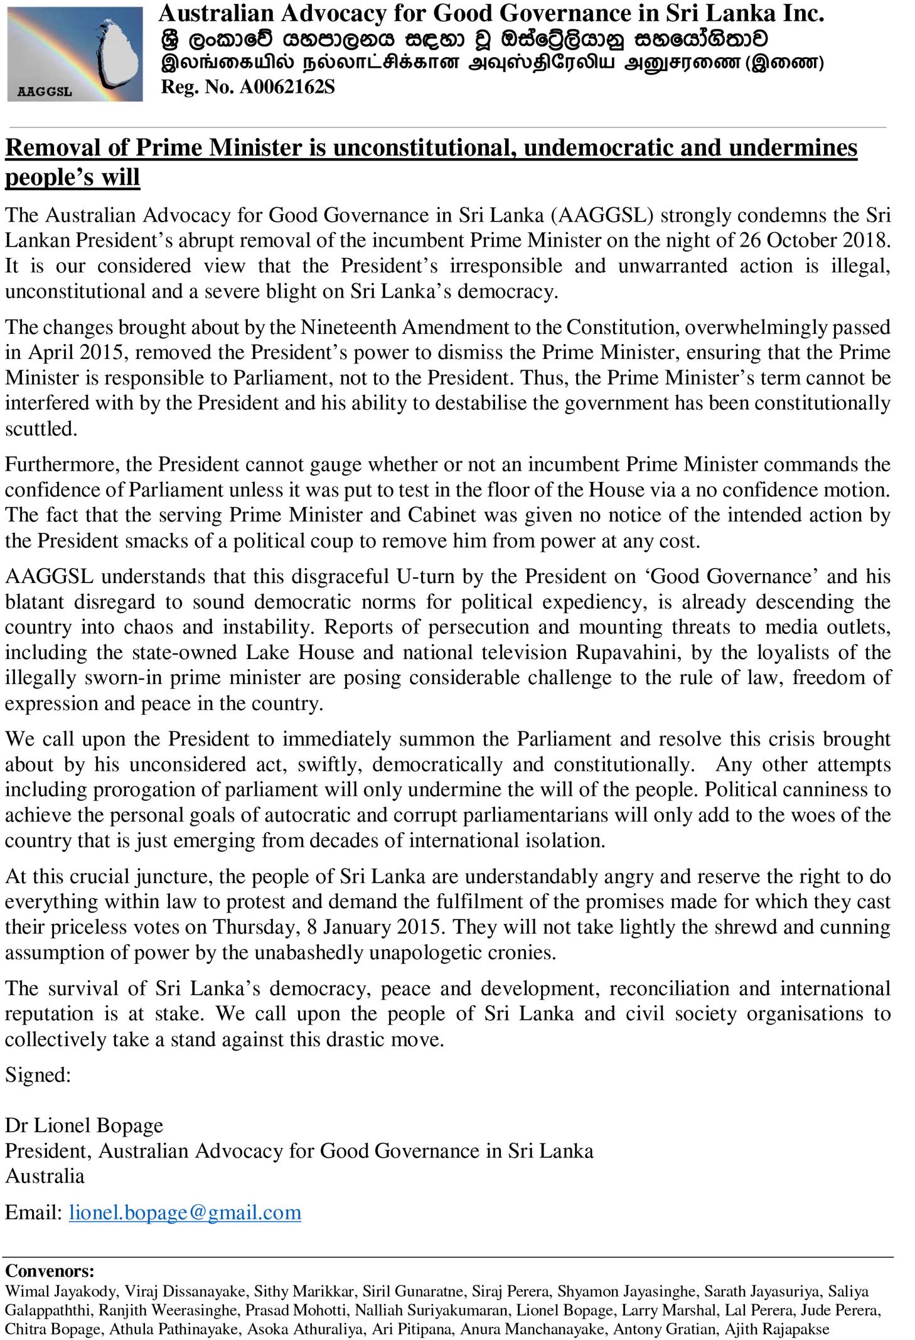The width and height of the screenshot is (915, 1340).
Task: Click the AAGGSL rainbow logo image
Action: click(x=75, y=54)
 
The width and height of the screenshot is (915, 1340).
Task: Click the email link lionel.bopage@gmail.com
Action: click(x=185, y=1212)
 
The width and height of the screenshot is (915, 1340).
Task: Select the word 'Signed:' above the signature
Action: click(x=38, y=1075)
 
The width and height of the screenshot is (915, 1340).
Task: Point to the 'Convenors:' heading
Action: click(x=50, y=1271)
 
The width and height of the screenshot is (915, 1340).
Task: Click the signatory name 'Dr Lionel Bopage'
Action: click(x=84, y=1125)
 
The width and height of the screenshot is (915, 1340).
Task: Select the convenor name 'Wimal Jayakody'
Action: click(x=60, y=1291)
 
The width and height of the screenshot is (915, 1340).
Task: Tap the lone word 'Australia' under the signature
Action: click(x=45, y=1176)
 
